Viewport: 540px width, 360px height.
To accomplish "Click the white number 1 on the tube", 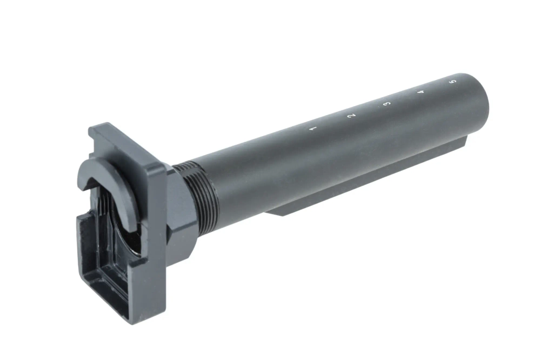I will pos(311,128).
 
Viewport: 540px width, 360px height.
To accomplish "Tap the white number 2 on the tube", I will pos(350,116).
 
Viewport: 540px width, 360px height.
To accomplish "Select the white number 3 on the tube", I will pos(386,103).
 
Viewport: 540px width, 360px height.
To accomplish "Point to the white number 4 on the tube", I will pos(421,92).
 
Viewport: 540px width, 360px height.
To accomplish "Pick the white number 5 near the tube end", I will pos(453,82).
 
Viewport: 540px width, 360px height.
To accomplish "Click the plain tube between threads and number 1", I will pos(259,162).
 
